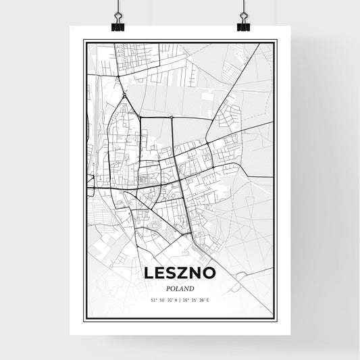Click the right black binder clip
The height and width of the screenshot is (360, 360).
click(x=243, y=26)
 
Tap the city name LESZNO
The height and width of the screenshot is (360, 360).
click(x=180, y=273)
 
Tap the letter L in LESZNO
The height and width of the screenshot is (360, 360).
click(x=149, y=273)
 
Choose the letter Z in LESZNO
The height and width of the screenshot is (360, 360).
click(x=186, y=273)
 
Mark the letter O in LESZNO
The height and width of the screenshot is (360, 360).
click(x=211, y=273)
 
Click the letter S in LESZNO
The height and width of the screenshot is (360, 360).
click(x=174, y=273)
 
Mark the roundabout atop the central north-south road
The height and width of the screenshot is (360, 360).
click(x=172, y=118)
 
